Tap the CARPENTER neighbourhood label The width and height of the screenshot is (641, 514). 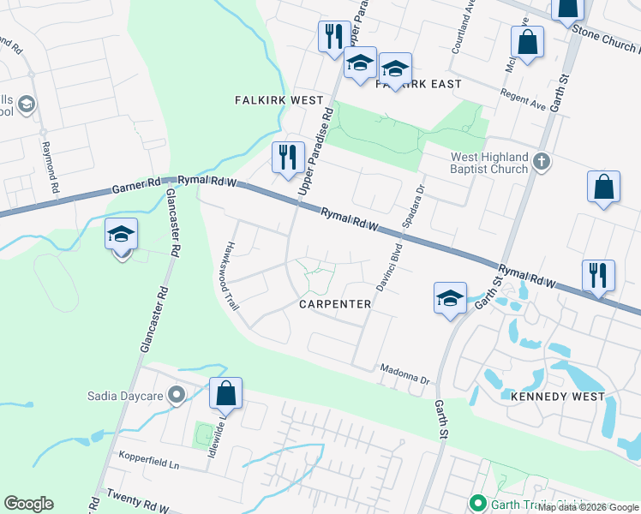(335, 304)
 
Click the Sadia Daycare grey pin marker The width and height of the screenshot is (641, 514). (177, 395)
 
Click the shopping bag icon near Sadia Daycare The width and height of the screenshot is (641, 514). (225, 395)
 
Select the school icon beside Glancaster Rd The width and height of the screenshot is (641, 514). (122, 234)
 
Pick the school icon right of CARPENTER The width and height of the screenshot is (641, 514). (450, 298)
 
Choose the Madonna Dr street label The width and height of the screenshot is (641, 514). (404, 378)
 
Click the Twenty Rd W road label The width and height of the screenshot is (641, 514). (137, 501)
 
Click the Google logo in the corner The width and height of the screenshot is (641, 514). (28, 504)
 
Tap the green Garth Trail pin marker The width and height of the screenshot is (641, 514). (476, 505)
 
